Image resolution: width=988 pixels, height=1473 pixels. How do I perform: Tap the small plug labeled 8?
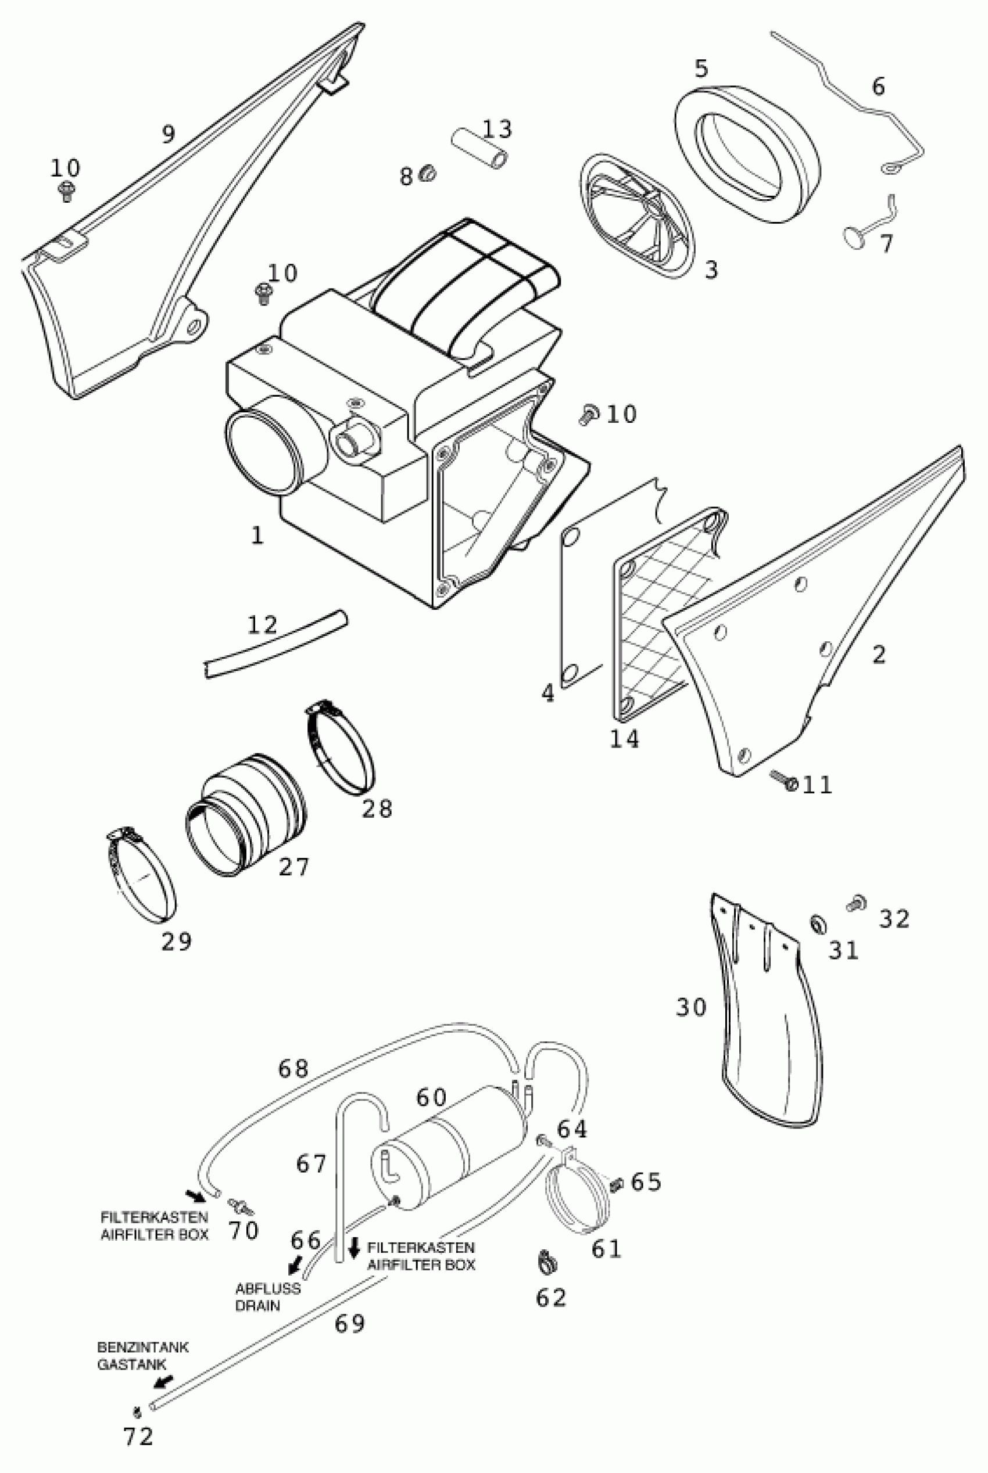(x=428, y=172)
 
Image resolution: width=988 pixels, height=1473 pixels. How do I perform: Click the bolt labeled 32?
(x=856, y=903)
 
